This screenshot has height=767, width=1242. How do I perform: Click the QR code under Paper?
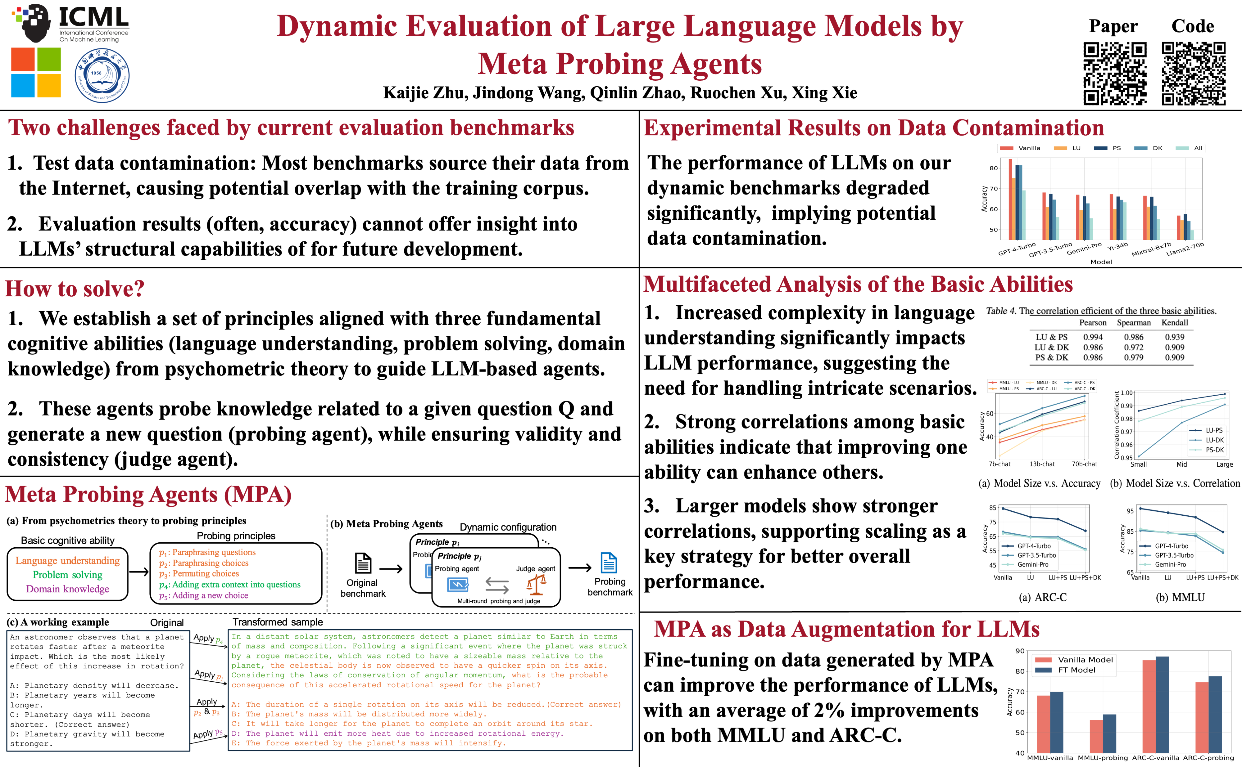pyautogui.click(x=1115, y=74)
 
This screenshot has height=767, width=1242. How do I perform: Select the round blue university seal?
pyautogui.click(x=102, y=76)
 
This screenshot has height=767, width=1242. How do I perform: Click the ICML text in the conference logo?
pyautogui.click(x=94, y=18)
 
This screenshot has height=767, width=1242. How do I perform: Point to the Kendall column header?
pyautogui.click(x=1175, y=323)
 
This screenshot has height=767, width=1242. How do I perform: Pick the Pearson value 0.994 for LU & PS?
pyautogui.click(x=1093, y=337)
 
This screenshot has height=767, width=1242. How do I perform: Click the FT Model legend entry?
pyautogui.click(x=1077, y=670)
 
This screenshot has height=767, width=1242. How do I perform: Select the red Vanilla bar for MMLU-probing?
pyautogui.click(x=1096, y=736)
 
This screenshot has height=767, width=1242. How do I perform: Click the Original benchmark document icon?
pyautogui.click(x=363, y=563)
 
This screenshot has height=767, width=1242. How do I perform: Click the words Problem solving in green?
pyautogui.click(x=67, y=575)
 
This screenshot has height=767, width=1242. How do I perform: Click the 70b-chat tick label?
pyautogui.click(x=1084, y=464)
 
